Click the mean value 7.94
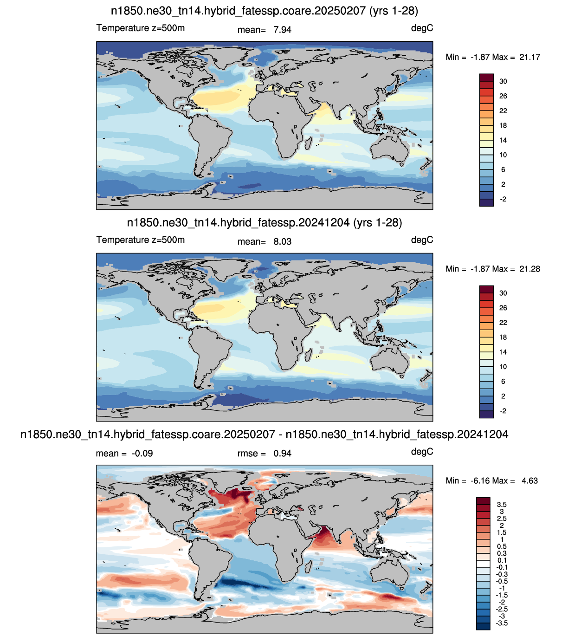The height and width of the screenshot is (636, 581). tap(282, 30)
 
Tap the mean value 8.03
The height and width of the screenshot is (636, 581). tap(282, 241)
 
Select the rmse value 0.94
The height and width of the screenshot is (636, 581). tap(282, 454)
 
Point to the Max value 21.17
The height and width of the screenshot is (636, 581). tap(529, 57)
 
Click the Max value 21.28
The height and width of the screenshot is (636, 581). tap(529, 269)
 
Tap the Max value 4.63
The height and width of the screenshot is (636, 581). tap(529, 480)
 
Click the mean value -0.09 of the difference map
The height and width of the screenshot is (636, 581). tap(142, 454)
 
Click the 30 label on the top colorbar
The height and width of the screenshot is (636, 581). tap(503, 81)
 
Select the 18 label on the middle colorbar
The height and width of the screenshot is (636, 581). tap(503, 337)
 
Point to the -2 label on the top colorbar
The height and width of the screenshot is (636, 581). tap(503, 199)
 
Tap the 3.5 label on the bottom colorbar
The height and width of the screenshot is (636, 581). tap(502, 505)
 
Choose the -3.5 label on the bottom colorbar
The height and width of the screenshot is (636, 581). tap(502, 623)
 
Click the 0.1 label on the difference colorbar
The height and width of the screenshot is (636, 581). tap(502, 560)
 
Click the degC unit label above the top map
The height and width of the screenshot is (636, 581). tap(422, 28)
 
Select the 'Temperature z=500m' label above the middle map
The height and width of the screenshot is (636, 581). tap(141, 240)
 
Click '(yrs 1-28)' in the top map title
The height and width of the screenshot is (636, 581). tap(394, 11)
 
